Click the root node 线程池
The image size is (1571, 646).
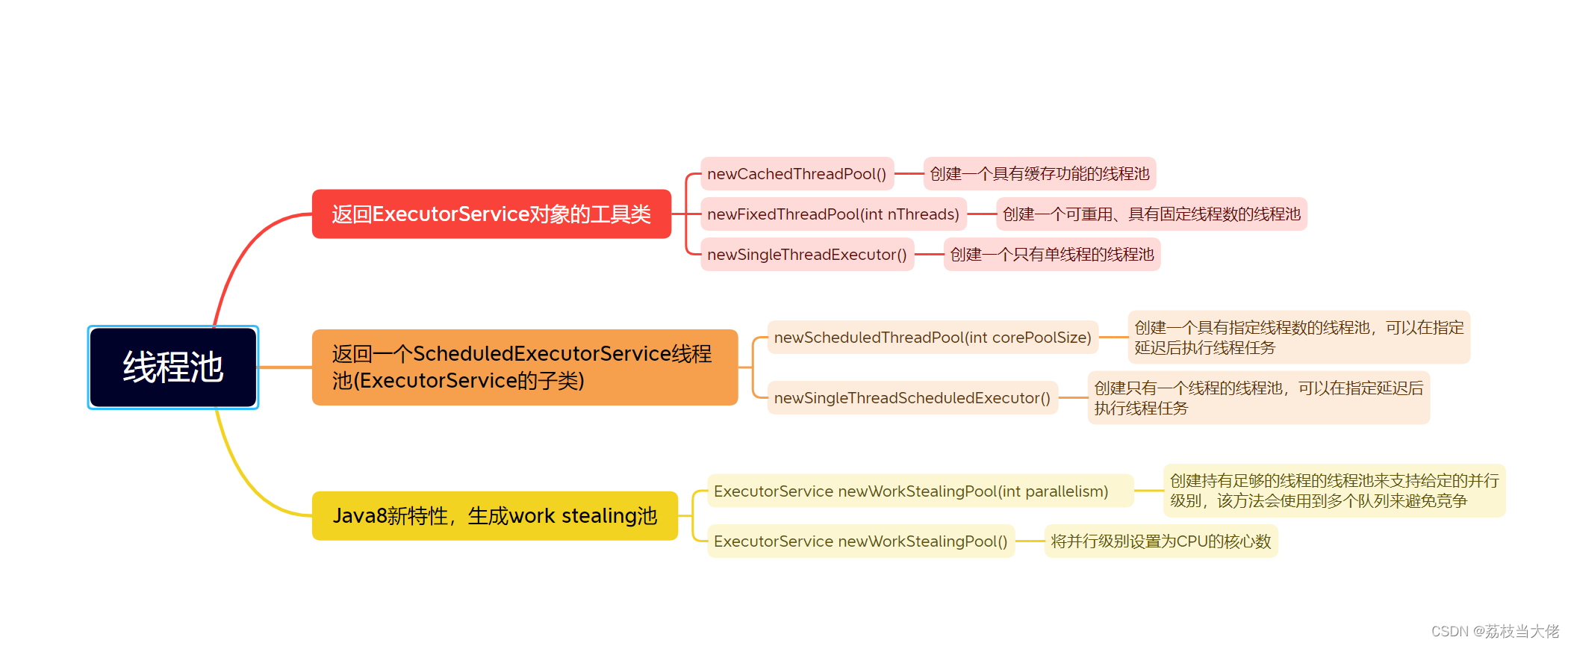click(x=172, y=367)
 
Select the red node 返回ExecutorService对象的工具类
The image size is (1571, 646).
click(x=491, y=214)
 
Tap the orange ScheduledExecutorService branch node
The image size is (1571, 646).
click(x=524, y=367)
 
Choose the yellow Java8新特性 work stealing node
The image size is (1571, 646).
click(x=494, y=516)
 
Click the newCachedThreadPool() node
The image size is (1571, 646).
click(x=797, y=174)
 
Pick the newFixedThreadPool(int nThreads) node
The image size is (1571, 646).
click(x=833, y=214)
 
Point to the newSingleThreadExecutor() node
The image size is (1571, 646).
click(x=807, y=255)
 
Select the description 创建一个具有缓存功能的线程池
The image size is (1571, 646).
click(x=1039, y=174)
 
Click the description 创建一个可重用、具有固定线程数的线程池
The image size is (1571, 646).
click(x=1151, y=214)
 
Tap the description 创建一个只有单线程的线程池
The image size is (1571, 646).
click(x=1051, y=255)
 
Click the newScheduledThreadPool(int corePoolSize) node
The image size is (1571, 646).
click(x=933, y=338)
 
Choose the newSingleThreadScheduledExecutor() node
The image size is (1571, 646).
click(x=912, y=398)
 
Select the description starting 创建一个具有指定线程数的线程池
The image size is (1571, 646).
click(x=1298, y=338)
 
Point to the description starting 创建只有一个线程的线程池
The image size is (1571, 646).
click(x=1258, y=398)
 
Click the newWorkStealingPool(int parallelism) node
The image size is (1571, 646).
click(x=920, y=491)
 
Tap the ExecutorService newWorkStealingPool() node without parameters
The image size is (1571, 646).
click(x=860, y=541)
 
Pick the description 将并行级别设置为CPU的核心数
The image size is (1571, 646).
click(x=1160, y=541)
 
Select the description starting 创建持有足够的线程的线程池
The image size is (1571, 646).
click(x=1334, y=491)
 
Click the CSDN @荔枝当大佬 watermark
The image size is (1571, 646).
click(x=1495, y=632)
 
